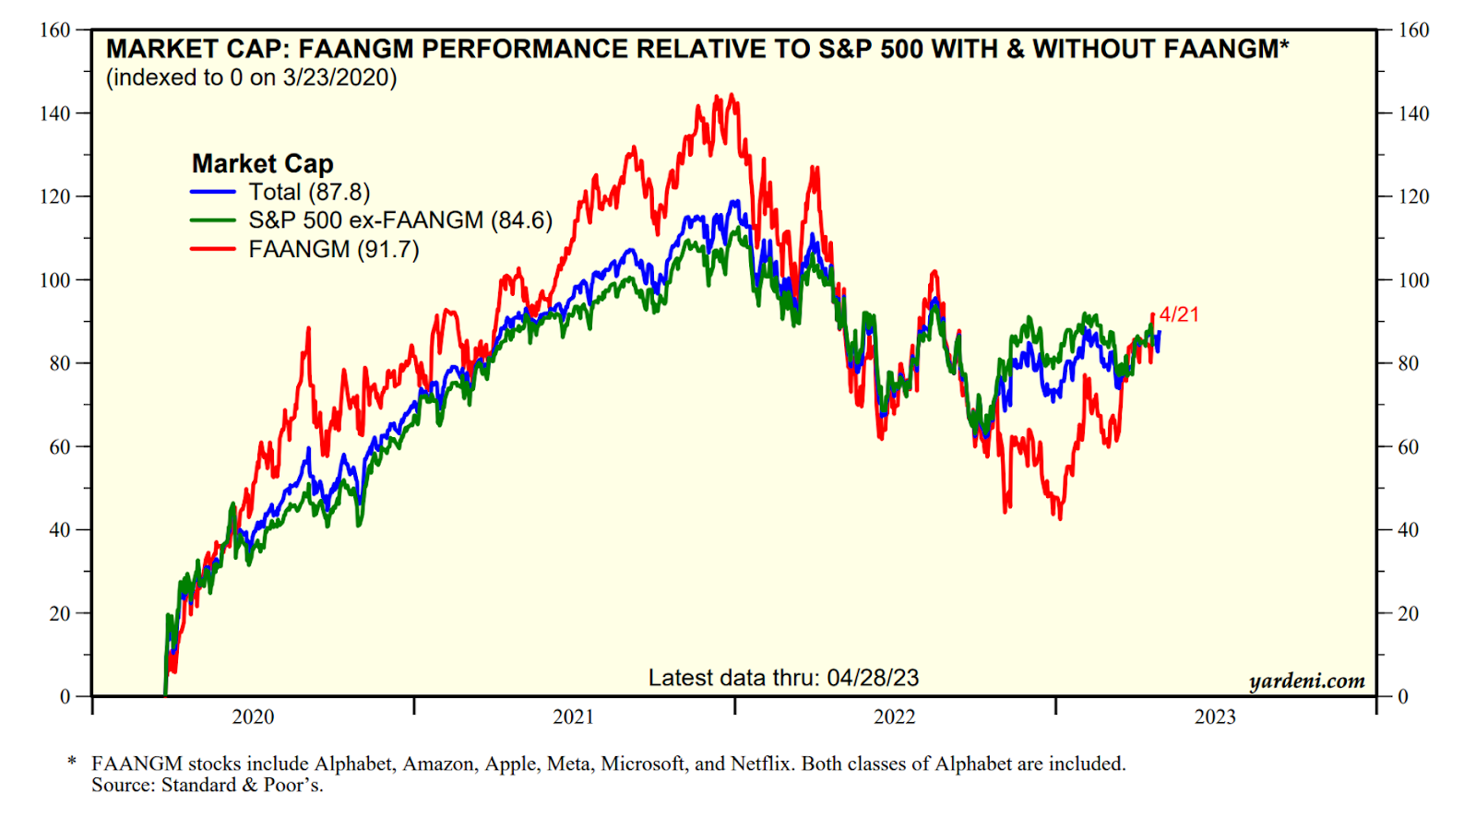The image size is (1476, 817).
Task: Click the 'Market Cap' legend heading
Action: [x=262, y=163]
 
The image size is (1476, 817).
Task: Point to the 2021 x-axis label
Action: [x=573, y=716]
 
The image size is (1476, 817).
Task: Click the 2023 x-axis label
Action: [x=1215, y=716]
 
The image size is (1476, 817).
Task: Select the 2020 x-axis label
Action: [x=253, y=716]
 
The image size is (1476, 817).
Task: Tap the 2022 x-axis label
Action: [x=894, y=716]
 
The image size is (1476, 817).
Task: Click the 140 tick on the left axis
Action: [x=54, y=113]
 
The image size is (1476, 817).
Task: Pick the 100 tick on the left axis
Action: [x=54, y=279]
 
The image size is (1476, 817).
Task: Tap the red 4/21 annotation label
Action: [x=1179, y=314]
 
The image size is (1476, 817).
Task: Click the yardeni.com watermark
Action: [x=1306, y=681]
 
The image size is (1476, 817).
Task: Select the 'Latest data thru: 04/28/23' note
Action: [x=783, y=678]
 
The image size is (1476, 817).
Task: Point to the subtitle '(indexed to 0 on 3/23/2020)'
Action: [x=251, y=77]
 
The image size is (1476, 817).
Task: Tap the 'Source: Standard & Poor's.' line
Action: [x=207, y=785]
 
